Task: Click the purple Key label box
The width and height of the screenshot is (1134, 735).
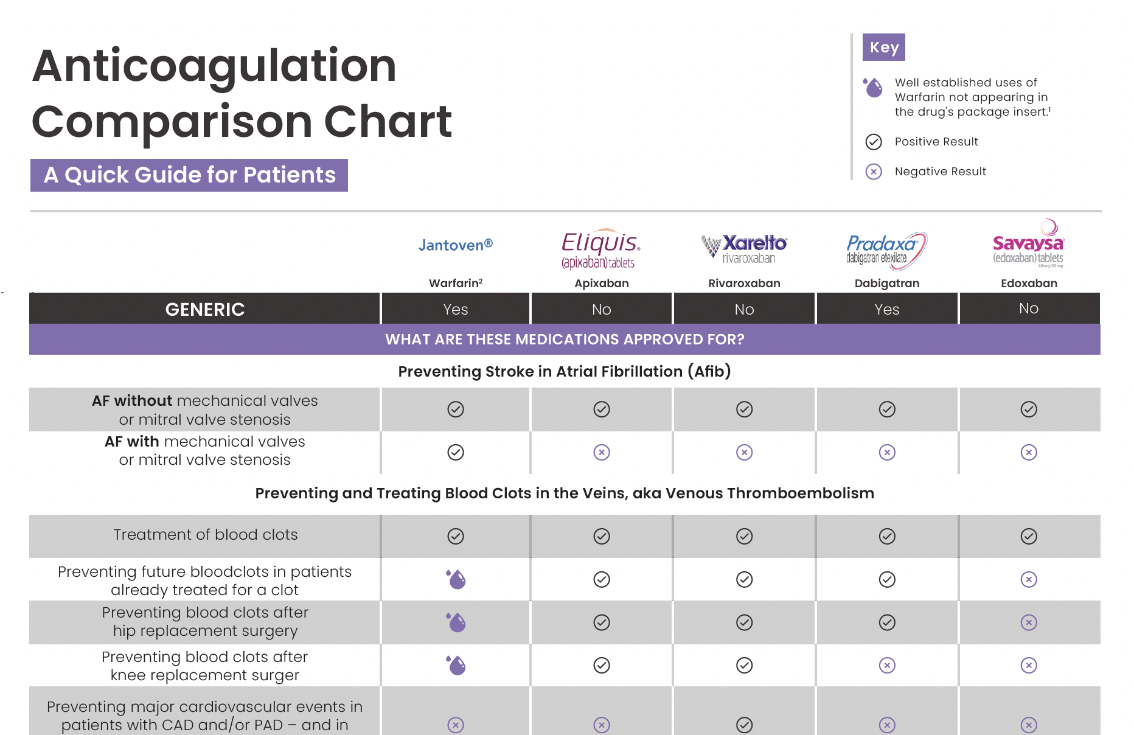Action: click(883, 47)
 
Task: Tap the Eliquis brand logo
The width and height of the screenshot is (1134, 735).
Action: click(600, 249)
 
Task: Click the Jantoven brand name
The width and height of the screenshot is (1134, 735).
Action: click(455, 245)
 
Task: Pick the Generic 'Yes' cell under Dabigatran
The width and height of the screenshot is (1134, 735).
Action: click(886, 309)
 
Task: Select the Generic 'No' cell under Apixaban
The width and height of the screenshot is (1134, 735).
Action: click(602, 309)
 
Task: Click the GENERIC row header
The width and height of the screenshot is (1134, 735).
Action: click(204, 309)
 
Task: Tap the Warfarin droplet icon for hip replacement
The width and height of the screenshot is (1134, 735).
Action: click(456, 622)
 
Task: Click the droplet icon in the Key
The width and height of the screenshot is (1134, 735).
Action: click(873, 87)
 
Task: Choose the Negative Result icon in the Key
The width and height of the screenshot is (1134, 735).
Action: click(874, 172)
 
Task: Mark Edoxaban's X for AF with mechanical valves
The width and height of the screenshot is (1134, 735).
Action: click(1029, 452)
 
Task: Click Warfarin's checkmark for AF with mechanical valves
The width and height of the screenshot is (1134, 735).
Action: click(456, 452)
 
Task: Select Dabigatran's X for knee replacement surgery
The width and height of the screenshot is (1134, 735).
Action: click(887, 665)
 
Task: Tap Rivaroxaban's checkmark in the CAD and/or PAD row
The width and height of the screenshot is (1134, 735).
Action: click(744, 725)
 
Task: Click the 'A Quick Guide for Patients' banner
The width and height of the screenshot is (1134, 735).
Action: click(189, 175)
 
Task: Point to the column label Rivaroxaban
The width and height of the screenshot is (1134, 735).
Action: click(744, 283)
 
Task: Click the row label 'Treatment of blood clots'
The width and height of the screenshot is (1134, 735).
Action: click(206, 534)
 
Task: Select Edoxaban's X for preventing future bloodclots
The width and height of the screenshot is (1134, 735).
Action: click(1029, 579)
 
